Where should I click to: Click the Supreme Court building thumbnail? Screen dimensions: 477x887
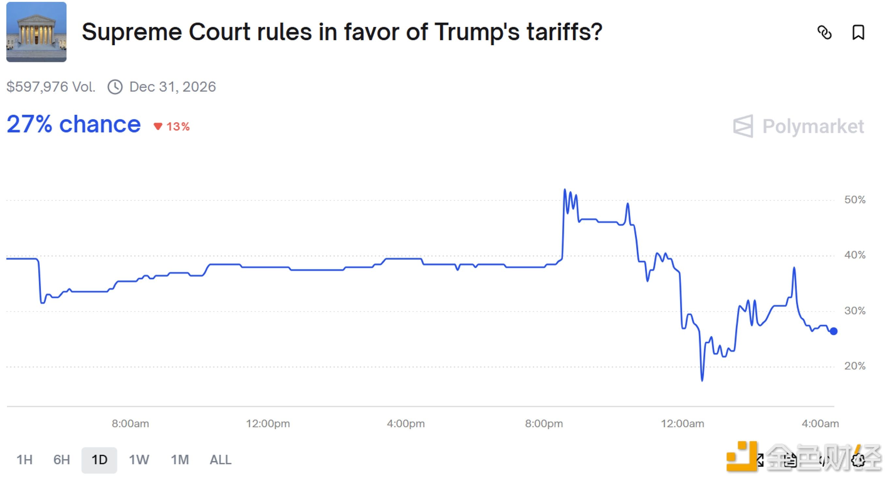[x=36, y=32]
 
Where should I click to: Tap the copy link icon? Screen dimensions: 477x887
[x=824, y=33]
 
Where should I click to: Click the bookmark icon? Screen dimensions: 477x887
[x=858, y=33]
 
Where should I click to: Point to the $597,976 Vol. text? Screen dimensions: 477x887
[x=51, y=87]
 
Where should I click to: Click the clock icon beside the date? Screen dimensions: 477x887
[x=115, y=87]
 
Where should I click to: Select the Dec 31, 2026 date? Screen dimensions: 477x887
[x=173, y=87]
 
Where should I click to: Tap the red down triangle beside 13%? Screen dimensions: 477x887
[x=158, y=126]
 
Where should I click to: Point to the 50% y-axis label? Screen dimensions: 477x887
[x=855, y=200]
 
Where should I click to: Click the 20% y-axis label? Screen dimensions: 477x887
[x=855, y=366]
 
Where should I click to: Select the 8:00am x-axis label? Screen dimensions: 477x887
[x=130, y=423]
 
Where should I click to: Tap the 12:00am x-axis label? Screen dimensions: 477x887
[x=682, y=423]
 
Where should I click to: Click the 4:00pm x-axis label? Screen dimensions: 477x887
[x=406, y=423]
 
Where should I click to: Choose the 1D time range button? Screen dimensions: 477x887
[x=99, y=460]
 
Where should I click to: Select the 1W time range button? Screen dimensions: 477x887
[x=139, y=460]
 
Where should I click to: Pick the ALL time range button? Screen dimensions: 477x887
[x=220, y=460]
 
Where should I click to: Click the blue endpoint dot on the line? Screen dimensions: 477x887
[x=833, y=331]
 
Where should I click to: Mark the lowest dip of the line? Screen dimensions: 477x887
[x=702, y=380]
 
